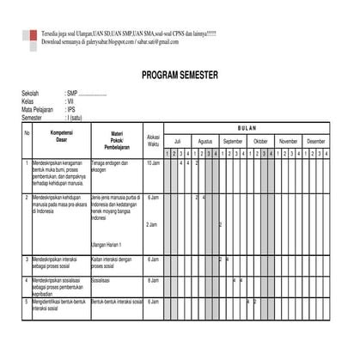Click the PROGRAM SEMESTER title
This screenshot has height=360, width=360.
[180, 76]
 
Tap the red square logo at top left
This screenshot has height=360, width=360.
[32, 38]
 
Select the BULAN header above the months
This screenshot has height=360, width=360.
[247, 128]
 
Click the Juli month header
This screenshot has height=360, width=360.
[178, 140]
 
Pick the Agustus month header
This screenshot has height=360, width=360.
[205, 140]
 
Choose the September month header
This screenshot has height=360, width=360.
[233, 140]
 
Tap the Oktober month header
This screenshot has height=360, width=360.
[260, 140]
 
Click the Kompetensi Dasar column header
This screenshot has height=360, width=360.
[61, 137]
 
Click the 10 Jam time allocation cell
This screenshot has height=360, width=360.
[153, 162]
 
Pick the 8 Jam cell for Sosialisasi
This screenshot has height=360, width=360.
[153, 280]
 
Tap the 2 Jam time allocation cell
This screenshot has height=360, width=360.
[153, 225]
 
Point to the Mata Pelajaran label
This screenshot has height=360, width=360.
[39, 110]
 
